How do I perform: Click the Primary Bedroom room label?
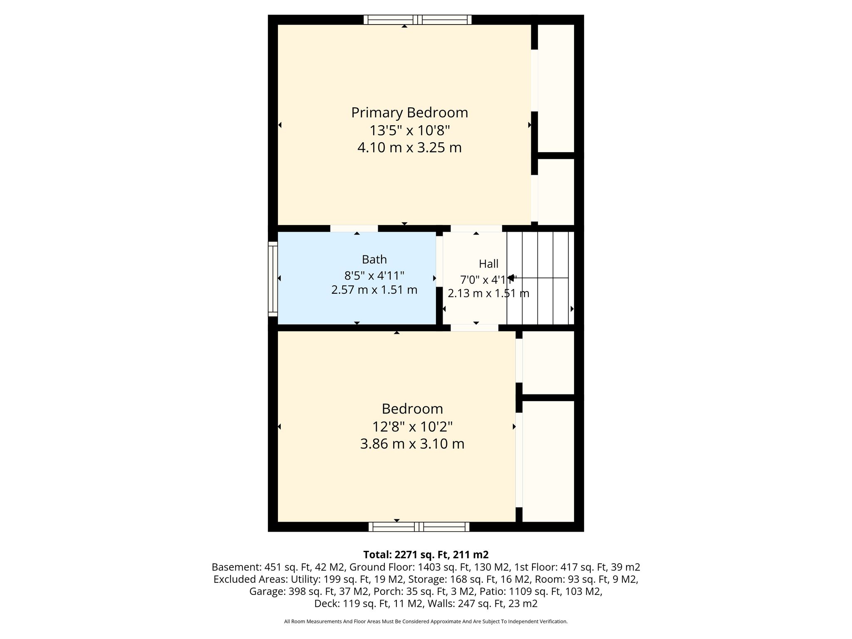pos(409,113)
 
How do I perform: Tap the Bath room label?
pos(374,260)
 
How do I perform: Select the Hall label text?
pos(488,264)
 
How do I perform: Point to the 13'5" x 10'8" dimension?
pos(410,131)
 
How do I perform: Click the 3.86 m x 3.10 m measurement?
pos(412,444)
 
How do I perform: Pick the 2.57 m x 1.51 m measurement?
pos(374,290)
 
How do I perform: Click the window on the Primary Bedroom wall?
pos(418,20)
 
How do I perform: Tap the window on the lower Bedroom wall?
pos(419,527)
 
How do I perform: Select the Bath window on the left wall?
pos(273,279)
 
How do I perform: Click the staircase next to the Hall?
pos(540,278)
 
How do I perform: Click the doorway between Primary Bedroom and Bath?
pos(354,228)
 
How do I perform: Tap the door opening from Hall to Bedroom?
pos(474,328)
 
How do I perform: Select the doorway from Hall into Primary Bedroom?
pos(476,228)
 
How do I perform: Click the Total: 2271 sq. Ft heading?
pos(426,555)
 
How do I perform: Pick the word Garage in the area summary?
pos(267,591)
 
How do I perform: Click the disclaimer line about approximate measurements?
pos(426,622)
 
